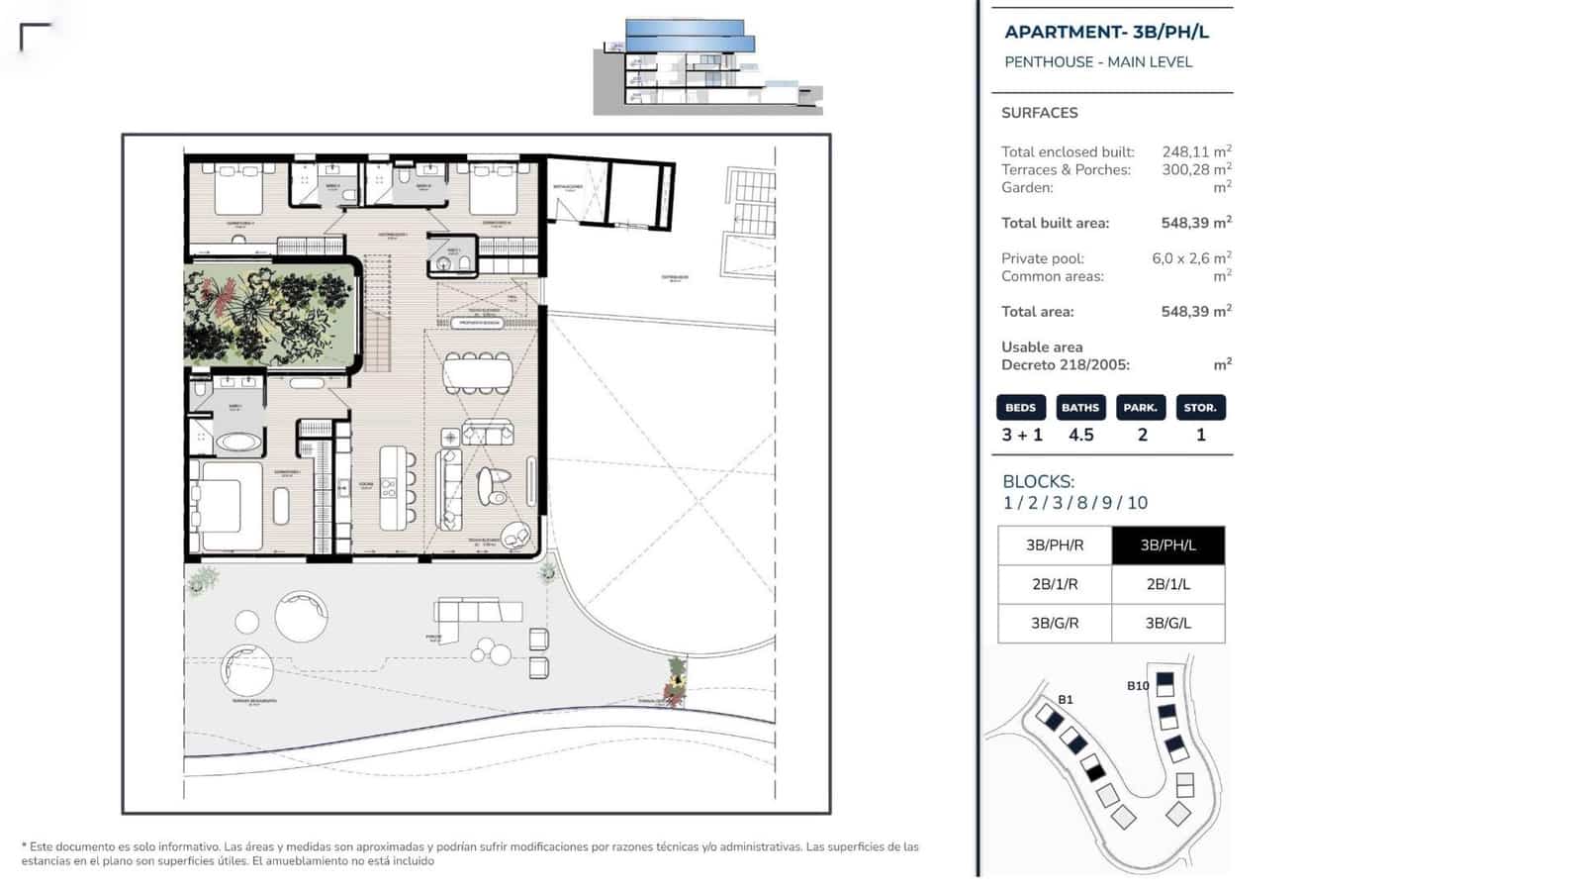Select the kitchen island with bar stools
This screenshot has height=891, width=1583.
tap(393, 487)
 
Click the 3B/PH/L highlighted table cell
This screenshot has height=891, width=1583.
tap(1167, 545)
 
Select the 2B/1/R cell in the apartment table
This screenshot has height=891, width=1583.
tap(1055, 584)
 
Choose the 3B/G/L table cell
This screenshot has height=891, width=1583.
tap(1167, 623)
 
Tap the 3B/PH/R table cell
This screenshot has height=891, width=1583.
tap(1055, 545)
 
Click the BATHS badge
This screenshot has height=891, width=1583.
tap(1080, 408)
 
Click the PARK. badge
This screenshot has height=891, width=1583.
tap(1141, 408)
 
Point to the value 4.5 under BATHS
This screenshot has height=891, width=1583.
tap(1080, 435)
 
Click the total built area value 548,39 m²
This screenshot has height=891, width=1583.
tap(1195, 223)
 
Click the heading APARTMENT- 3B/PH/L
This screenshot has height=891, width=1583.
tap(1106, 32)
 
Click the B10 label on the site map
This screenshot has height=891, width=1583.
tap(1138, 685)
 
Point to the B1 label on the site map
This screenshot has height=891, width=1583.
tap(1065, 699)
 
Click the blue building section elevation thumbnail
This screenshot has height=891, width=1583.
tap(707, 66)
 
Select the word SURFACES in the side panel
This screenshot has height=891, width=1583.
tap(1039, 113)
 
